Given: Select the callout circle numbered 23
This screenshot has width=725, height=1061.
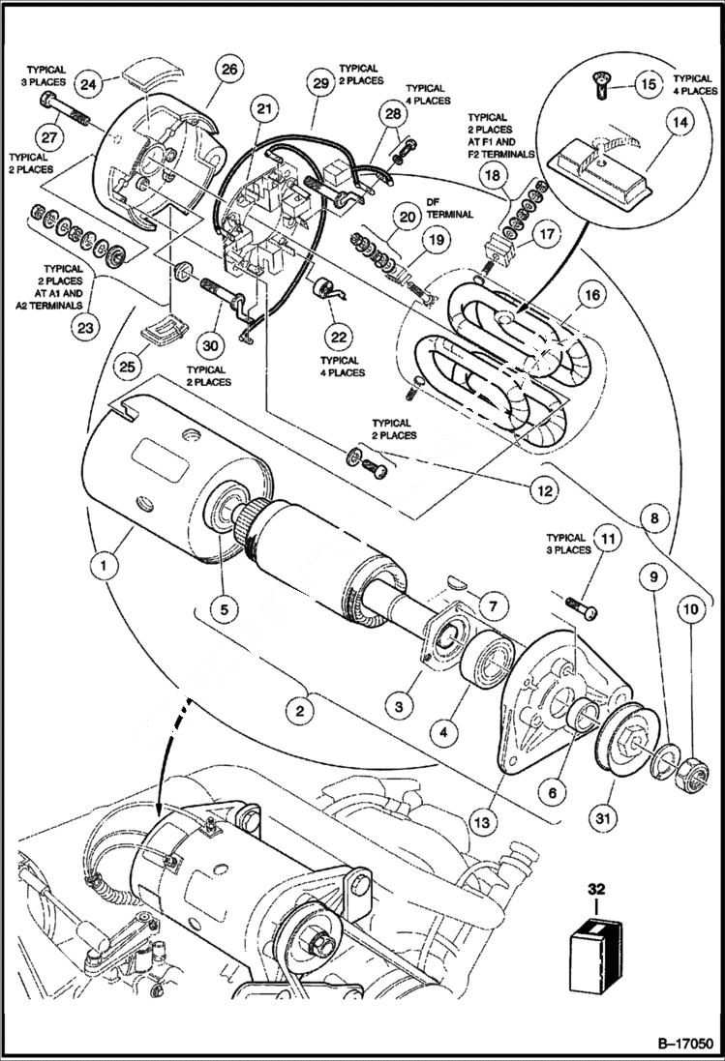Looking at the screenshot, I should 84,327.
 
